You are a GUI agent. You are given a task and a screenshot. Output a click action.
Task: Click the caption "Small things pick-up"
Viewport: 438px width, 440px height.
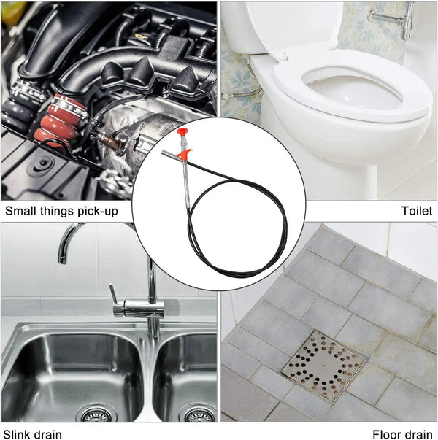pos(61,212)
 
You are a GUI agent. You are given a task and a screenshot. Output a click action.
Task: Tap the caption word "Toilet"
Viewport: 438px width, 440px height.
pos(417,211)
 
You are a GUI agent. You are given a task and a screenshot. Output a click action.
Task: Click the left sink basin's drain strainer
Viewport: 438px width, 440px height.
pos(94,415)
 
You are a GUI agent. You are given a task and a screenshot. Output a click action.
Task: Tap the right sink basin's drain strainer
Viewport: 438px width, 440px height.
pos(197,415)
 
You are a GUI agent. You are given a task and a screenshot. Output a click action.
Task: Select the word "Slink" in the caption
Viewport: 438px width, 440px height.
pos(20,434)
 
